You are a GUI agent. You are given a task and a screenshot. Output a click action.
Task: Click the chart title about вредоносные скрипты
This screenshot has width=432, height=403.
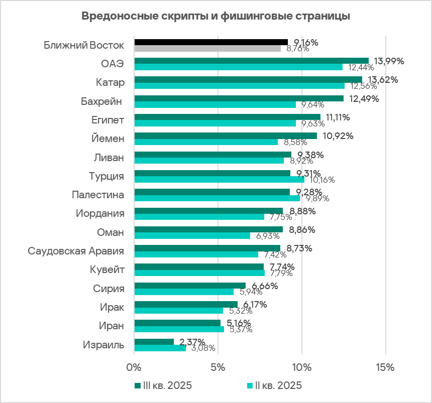pos(215,16)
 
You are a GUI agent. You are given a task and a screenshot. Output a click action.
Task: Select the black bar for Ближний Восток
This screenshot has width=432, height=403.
pos(211,42)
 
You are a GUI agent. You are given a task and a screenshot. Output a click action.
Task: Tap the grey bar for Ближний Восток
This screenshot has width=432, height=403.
pos(207,49)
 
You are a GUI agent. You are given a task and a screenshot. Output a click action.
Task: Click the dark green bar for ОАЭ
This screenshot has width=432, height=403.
pos(251,61)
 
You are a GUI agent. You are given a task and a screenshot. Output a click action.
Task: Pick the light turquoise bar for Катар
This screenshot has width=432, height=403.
pos(239,86)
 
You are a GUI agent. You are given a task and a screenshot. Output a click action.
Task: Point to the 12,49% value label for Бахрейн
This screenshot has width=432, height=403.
pos(364,98)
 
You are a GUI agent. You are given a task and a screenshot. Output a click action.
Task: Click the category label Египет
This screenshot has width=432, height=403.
pos(107,120)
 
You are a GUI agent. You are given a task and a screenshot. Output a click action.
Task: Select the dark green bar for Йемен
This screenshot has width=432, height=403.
pos(226,136)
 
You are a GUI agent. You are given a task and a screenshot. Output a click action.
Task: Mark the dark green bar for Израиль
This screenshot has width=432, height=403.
pos(154,342)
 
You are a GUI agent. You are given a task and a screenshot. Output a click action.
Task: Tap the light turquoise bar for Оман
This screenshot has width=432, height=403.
pos(192,235)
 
